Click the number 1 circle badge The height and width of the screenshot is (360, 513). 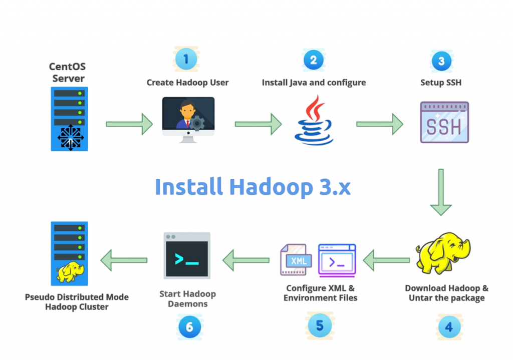186,60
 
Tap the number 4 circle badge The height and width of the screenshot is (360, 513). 448,327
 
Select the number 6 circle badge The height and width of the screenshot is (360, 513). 189,327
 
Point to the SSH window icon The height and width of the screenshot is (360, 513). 444,123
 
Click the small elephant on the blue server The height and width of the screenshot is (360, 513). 70,272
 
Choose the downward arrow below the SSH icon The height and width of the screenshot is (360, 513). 440,192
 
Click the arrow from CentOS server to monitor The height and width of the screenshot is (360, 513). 129,124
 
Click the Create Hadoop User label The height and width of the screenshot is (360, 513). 187,83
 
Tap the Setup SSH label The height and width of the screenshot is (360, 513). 441,83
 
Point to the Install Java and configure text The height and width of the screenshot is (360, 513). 314,83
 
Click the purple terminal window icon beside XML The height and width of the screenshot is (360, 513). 337,260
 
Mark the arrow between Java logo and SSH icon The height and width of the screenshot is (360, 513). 379,124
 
